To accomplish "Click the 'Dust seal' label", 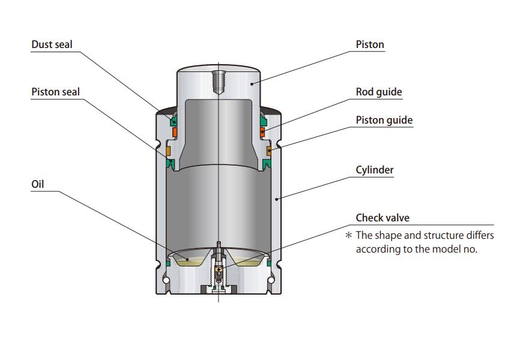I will click(x=53, y=44).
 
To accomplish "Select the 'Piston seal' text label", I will click(x=55, y=92).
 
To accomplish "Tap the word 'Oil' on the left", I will click(x=38, y=184).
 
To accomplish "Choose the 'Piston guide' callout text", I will click(x=384, y=120).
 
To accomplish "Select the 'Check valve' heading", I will click(x=383, y=218).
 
